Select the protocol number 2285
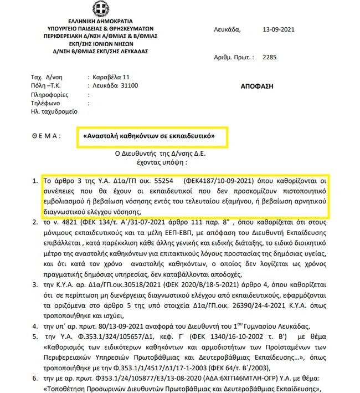(269, 57)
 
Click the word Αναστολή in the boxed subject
(101, 135)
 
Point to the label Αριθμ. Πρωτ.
(233, 57)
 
